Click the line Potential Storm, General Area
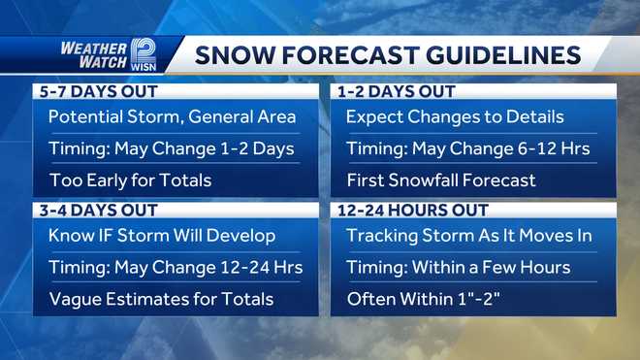click(172, 117)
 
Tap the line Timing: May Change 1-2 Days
click(171, 148)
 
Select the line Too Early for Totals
click(130, 180)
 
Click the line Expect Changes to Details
click(455, 117)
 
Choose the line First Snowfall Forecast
click(441, 180)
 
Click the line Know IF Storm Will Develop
click(162, 236)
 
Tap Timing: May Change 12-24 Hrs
click(176, 267)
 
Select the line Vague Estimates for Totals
click(161, 299)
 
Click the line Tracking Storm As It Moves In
click(468, 236)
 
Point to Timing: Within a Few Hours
click(458, 267)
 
